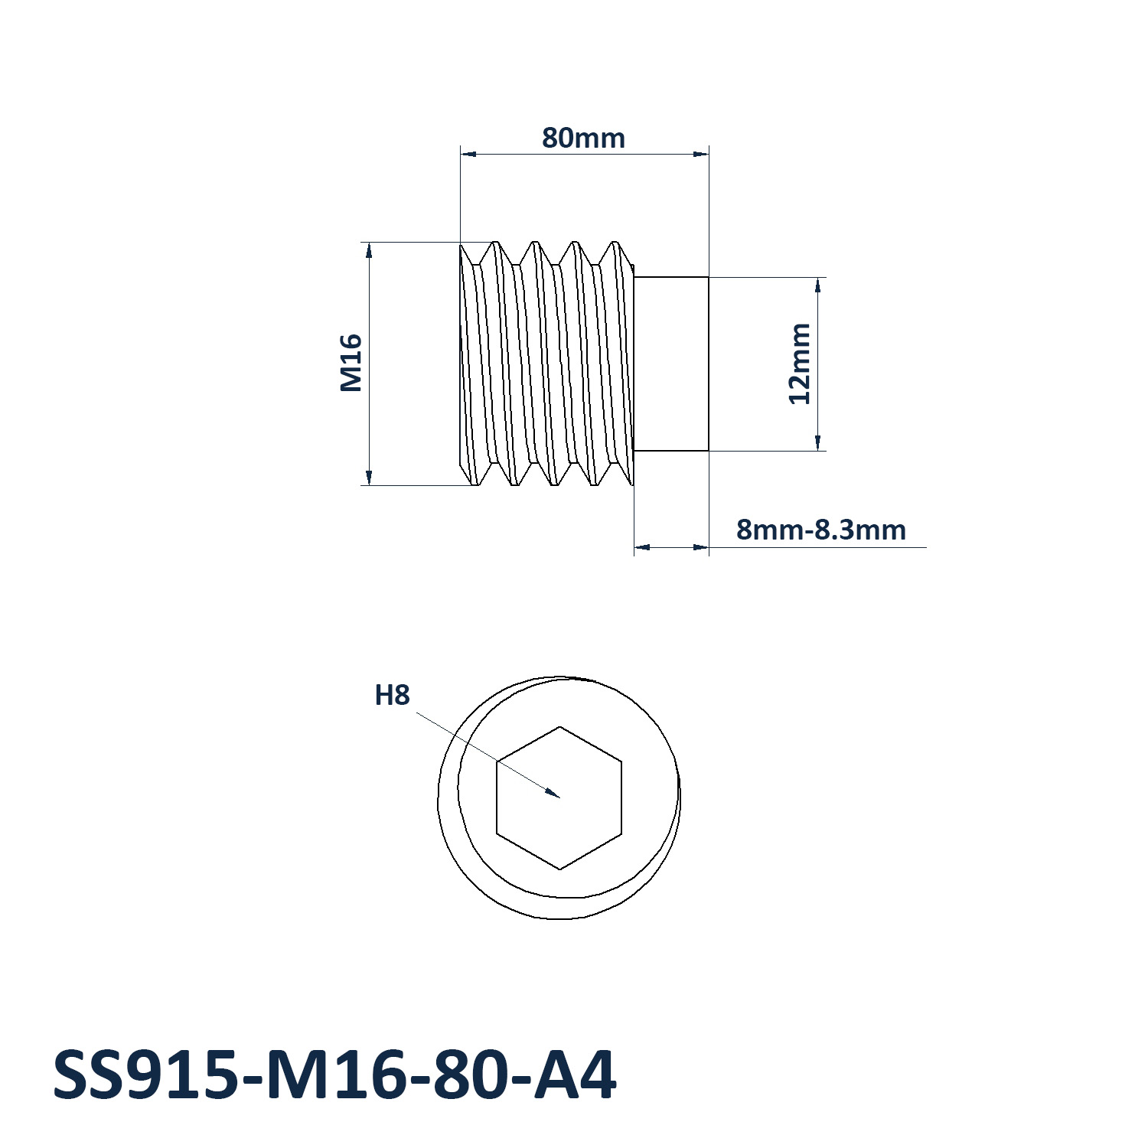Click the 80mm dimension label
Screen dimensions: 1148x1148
[x=583, y=139]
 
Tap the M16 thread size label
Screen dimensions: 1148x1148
[x=351, y=363]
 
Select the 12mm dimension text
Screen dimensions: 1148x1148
[x=800, y=364]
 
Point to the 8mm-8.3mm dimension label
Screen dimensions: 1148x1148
[x=821, y=530]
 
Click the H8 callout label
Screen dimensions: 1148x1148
[x=392, y=695]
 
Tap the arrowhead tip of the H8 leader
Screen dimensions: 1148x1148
[x=560, y=797]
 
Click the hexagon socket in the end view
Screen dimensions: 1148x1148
[x=559, y=797]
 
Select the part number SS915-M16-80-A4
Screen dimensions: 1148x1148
[x=334, y=1075]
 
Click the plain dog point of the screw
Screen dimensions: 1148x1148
[x=671, y=364]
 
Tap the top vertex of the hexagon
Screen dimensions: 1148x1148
[x=560, y=726]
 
